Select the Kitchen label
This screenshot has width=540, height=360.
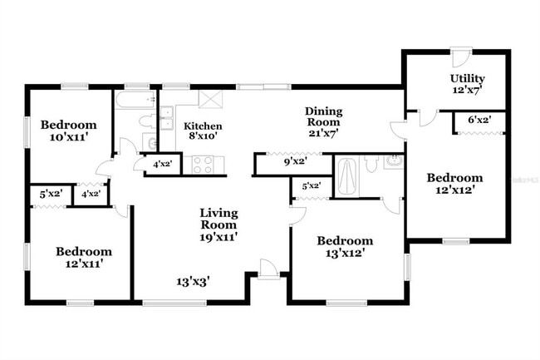click(203, 126)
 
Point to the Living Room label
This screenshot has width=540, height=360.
click(218, 219)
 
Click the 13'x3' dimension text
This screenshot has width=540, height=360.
click(193, 281)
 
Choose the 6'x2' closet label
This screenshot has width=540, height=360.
click(479, 121)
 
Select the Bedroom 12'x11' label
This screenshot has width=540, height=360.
click(84, 257)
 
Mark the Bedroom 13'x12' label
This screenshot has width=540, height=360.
click(345, 247)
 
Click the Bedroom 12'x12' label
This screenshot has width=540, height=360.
click(454, 183)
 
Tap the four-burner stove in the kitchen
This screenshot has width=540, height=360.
click(204, 165)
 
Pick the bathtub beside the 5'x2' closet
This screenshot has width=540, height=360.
click(346, 175)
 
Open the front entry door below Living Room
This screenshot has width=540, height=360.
click(268, 269)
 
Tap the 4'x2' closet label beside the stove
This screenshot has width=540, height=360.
click(162, 165)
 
